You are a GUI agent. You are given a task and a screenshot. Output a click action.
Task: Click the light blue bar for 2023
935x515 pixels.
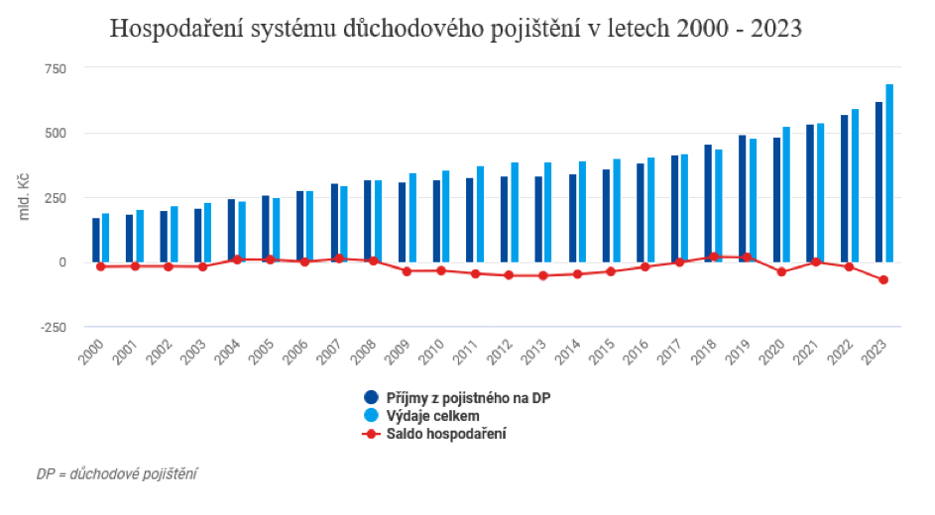coord(889,173)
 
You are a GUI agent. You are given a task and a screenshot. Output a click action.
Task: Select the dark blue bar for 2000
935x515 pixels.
coord(96,240)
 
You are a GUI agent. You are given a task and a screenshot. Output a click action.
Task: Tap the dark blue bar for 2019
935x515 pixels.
coord(743,198)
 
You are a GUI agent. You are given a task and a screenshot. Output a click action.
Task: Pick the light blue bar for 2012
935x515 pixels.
coord(515,212)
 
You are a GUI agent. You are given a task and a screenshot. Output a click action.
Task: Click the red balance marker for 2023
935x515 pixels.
coord(883,280)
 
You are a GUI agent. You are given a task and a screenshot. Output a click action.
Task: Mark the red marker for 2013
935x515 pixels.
coord(543,275)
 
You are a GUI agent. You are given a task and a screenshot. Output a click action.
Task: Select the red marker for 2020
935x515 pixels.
coord(781,271)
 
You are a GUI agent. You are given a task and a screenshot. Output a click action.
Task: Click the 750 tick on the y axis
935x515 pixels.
coord(53,68)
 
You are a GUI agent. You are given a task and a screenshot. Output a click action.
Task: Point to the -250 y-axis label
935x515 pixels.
coord(51,328)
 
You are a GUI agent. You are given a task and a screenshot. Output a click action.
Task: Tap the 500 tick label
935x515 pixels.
coord(53,134)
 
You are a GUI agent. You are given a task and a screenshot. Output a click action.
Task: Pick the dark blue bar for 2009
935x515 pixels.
coord(402,222)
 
